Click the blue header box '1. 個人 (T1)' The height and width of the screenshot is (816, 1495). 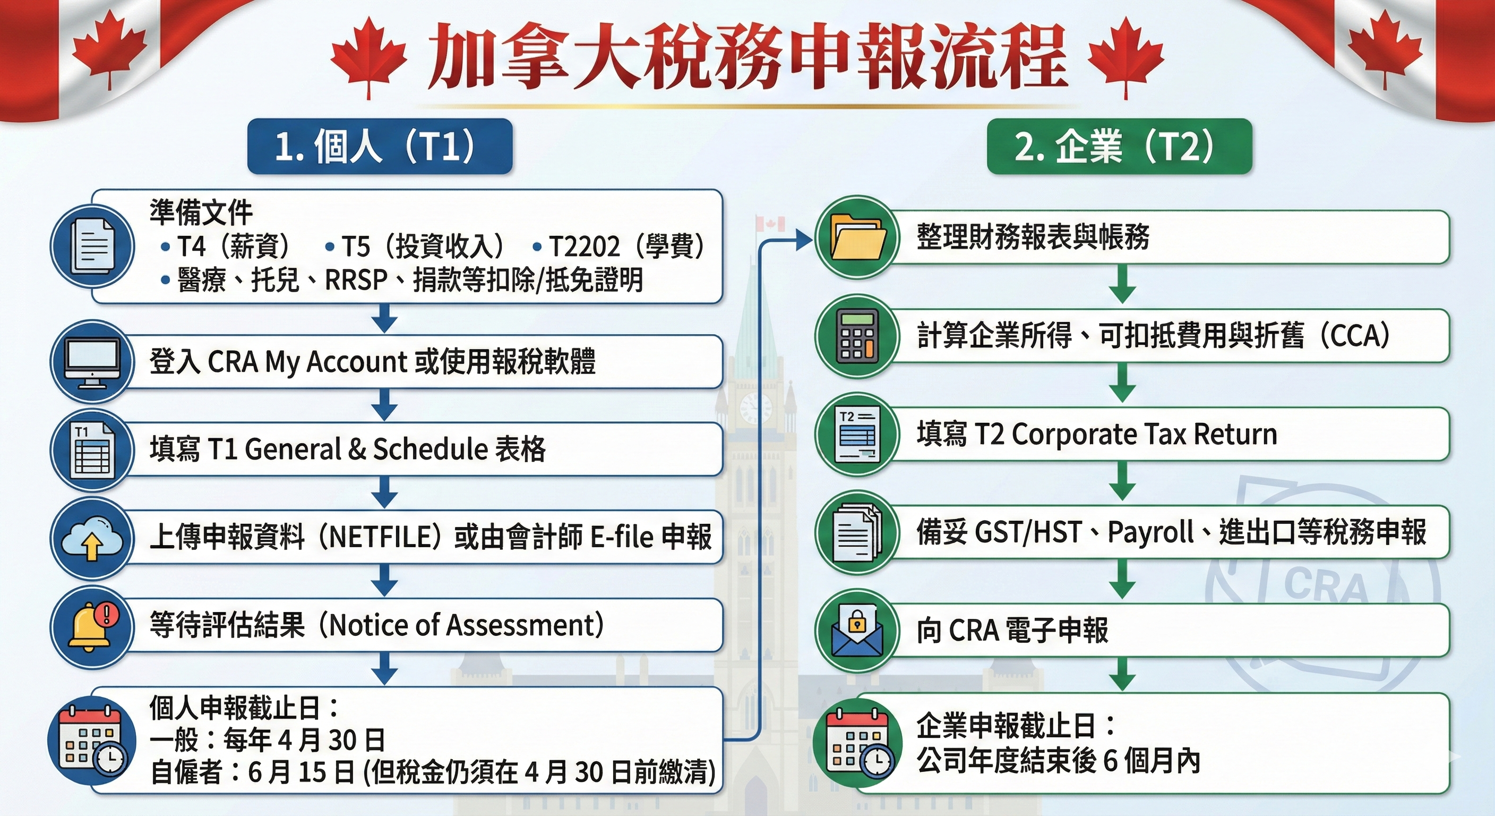pos(380,146)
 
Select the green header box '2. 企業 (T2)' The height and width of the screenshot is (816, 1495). pos(1120,146)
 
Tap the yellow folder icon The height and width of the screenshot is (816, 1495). pos(858,237)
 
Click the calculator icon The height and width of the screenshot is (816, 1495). pos(858,336)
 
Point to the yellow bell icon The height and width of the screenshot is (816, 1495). pos(91,626)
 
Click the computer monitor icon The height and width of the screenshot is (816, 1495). pos(92,361)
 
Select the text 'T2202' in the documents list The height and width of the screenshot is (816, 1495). pos(585,247)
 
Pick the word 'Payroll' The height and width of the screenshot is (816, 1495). pos(1151,532)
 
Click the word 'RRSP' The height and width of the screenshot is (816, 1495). pos(356,280)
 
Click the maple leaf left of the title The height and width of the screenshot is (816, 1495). pos(368,57)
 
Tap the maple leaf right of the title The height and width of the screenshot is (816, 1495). pos(1126,57)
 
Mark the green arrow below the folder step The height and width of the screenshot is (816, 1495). pos(1123,285)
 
